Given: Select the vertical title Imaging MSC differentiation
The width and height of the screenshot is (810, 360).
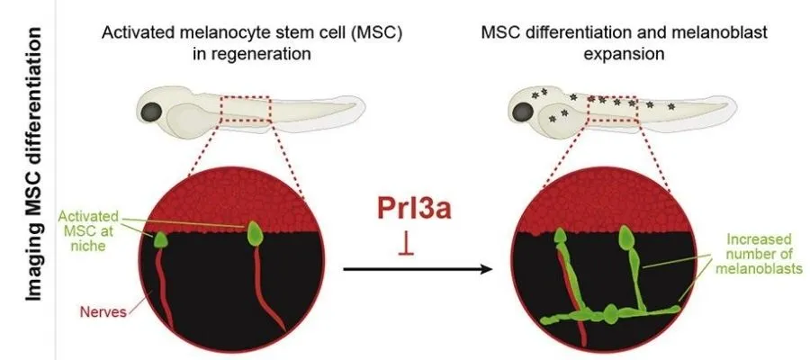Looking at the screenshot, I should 34,180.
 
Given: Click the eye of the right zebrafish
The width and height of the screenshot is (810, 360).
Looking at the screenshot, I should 523,111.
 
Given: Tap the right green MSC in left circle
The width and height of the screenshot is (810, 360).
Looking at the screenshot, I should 256,232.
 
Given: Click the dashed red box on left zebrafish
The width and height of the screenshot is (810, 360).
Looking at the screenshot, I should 246,108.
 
